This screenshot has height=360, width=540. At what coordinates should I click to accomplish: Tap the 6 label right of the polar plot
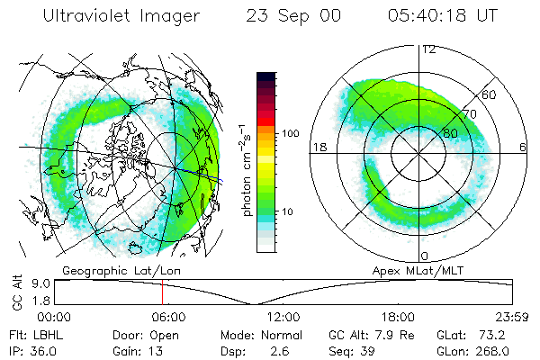523,147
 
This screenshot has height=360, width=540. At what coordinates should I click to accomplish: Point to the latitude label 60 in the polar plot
490,94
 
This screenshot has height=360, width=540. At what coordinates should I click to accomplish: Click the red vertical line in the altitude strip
162,292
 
